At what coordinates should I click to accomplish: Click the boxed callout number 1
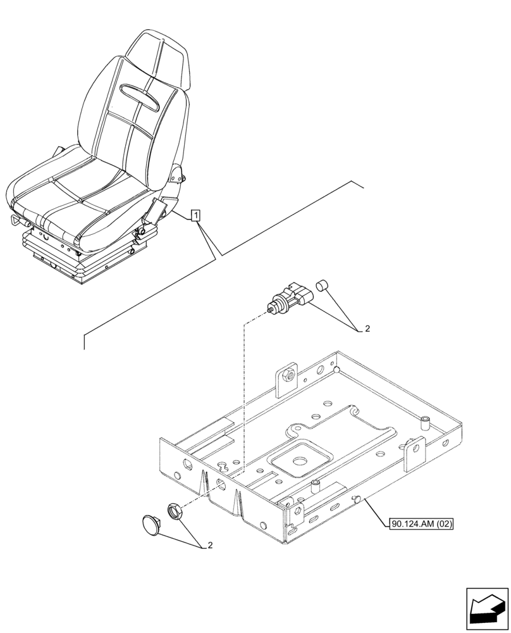pyautogui.click(x=197, y=216)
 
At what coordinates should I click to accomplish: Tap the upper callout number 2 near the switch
pyautogui.click(x=366, y=329)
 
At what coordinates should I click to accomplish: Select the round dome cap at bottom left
pyautogui.click(x=152, y=524)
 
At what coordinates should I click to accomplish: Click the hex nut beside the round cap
pyautogui.click(x=175, y=510)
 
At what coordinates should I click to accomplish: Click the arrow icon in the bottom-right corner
pyautogui.click(x=486, y=608)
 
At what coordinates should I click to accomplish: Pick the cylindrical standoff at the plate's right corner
pyautogui.click(x=426, y=422)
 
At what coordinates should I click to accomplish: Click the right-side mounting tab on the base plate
pyautogui.click(x=415, y=451)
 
